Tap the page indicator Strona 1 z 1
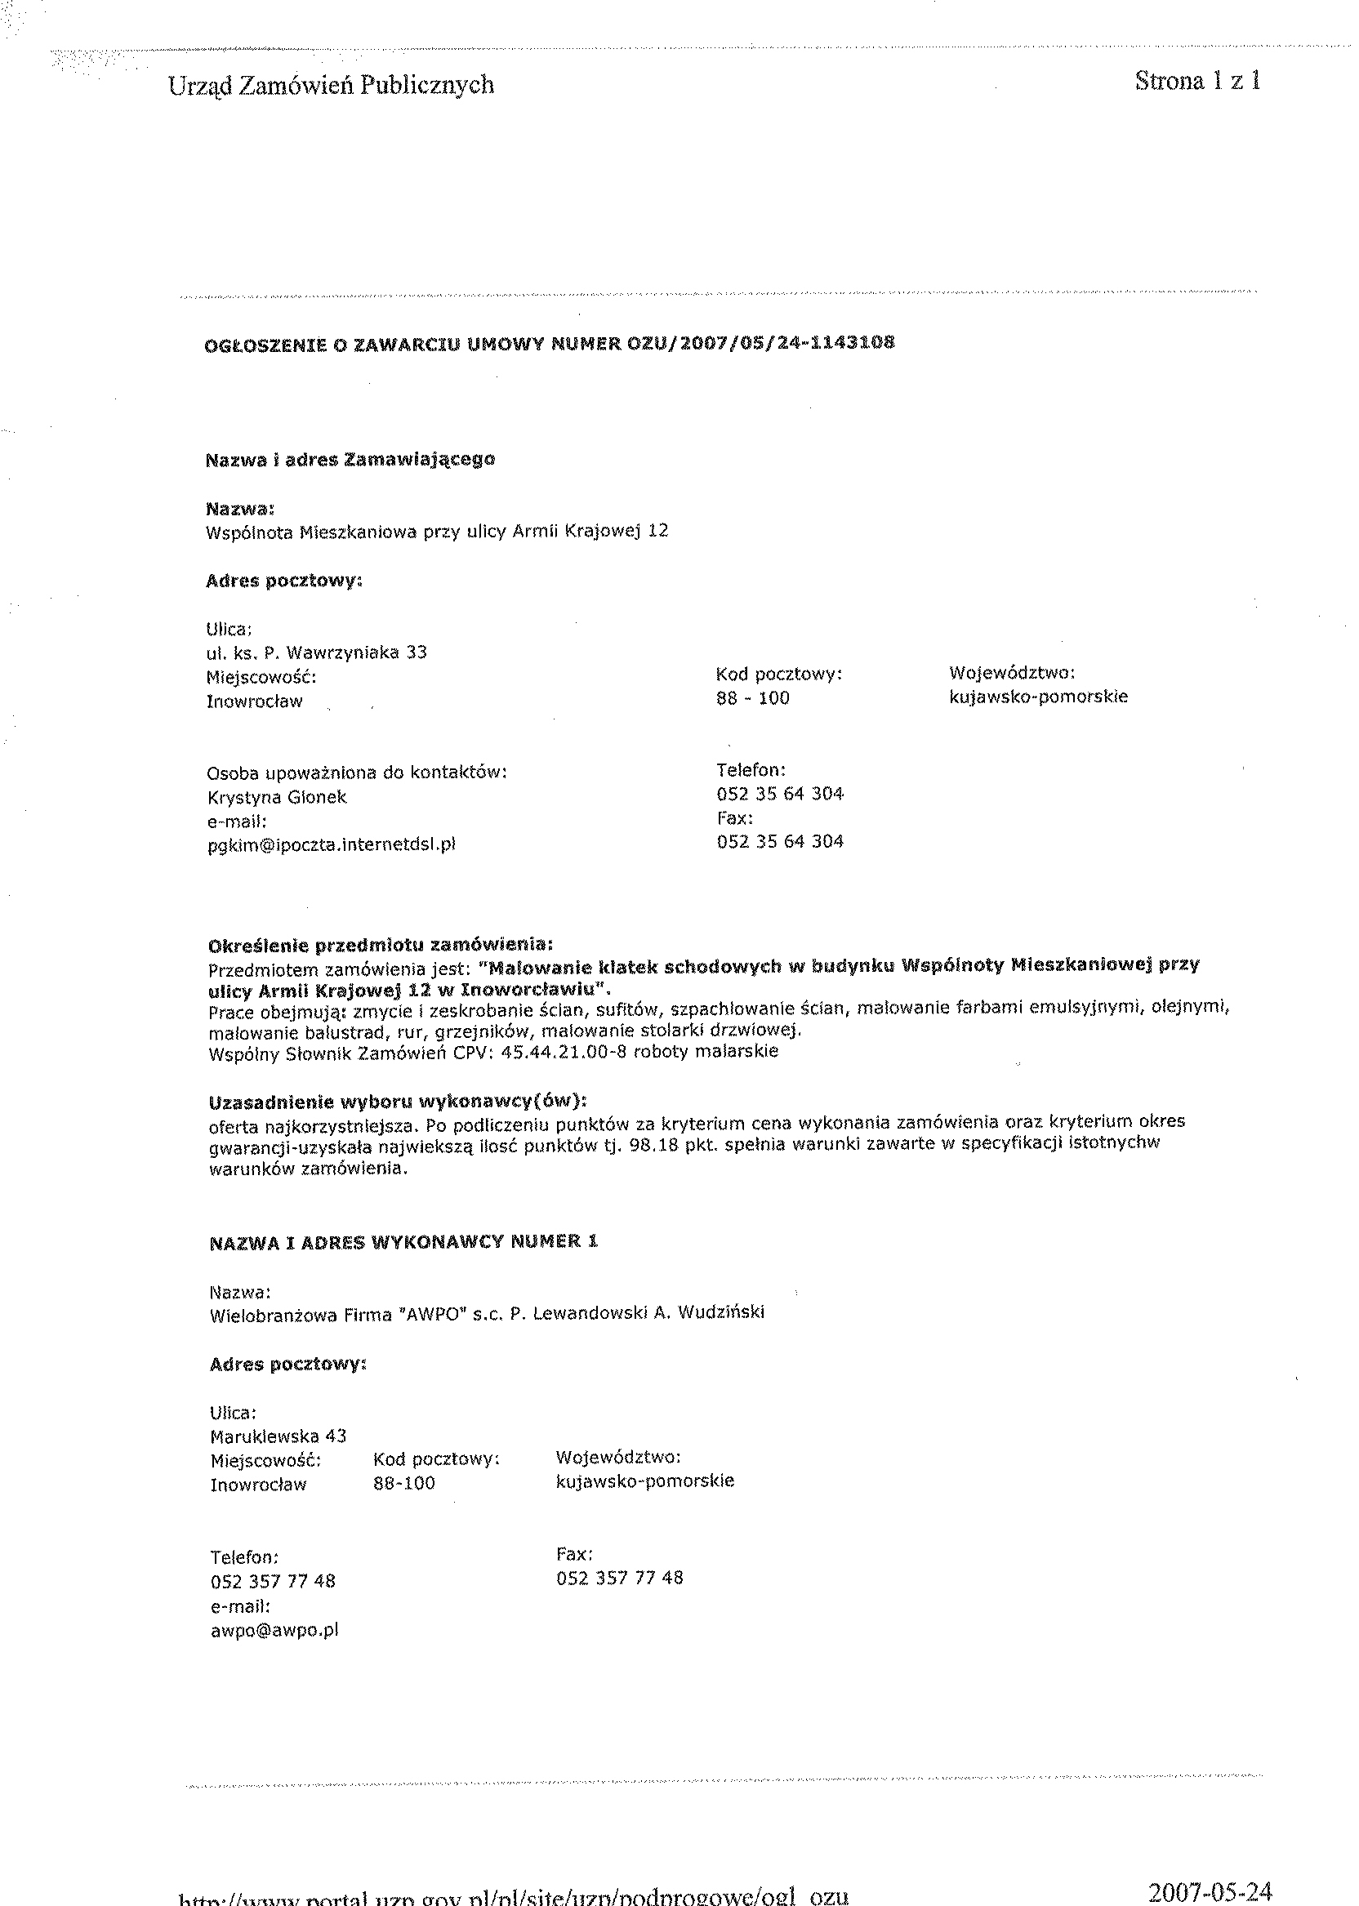[x=1197, y=81]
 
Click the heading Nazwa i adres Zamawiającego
[x=350, y=459]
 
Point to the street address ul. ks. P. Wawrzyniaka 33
[x=316, y=652]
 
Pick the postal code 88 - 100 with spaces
[x=752, y=698]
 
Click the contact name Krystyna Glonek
[x=276, y=797]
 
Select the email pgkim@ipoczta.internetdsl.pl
[x=332, y=844]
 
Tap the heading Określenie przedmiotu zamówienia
[x=380, y=946]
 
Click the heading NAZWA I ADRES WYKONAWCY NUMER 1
[x=403, y=1243]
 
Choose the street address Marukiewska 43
[x=278, y=1436]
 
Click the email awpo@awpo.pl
[x=274, y=1630]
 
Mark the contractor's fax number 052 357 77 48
[x=619, y=1578]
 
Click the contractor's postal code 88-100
[x=403, y=1484]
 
